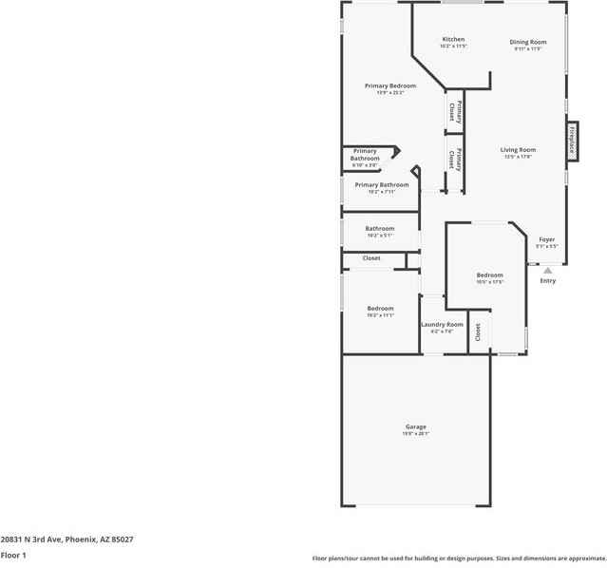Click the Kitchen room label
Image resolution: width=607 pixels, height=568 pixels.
(453, 39)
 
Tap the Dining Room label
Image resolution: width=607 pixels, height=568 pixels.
(527, 42)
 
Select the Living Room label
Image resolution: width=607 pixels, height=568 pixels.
(519, 149)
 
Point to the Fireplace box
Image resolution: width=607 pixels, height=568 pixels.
(572, 140)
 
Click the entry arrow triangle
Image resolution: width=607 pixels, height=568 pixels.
(547, 271)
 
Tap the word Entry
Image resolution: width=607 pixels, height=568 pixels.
(548, 281)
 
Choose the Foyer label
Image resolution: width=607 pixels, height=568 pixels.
(546, 239)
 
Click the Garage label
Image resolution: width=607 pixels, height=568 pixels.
(416, 426)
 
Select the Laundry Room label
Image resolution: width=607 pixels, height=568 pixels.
(442, 325)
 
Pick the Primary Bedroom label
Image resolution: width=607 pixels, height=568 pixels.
(390, 85)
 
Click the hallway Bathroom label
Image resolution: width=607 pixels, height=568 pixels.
(380, 228)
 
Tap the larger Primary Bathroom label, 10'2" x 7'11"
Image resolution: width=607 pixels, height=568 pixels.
(382, 184)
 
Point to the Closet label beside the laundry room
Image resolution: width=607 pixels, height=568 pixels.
(479, 332)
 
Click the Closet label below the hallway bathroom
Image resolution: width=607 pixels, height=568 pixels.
(371, 258)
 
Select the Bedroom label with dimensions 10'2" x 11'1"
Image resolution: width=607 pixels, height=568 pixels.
(380, 309)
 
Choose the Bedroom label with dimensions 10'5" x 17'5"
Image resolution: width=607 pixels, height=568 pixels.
(490, 275)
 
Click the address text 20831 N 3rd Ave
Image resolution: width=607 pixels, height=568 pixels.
(66, 539)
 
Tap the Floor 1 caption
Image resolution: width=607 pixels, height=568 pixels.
(13, 555)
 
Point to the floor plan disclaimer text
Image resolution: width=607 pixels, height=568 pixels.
(459, 559)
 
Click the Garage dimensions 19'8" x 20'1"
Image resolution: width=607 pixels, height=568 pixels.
(416, 434)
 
